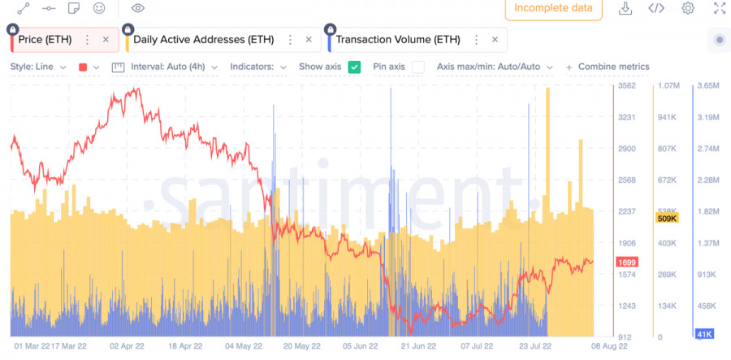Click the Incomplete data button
point(553,9)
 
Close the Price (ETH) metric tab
point(106,39)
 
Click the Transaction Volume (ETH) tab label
point(397,39)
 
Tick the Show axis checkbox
point(354,67)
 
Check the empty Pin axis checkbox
point(417,67)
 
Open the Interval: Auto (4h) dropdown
point(174,67)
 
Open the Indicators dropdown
point(258,67)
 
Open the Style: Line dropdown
point(38,67)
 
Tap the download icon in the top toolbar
point(625,9)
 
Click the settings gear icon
point(688,9)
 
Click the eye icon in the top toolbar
point(138,9)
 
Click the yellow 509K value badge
point(666,218)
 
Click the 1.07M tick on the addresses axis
point(668,85)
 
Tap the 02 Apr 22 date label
point(126,345)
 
